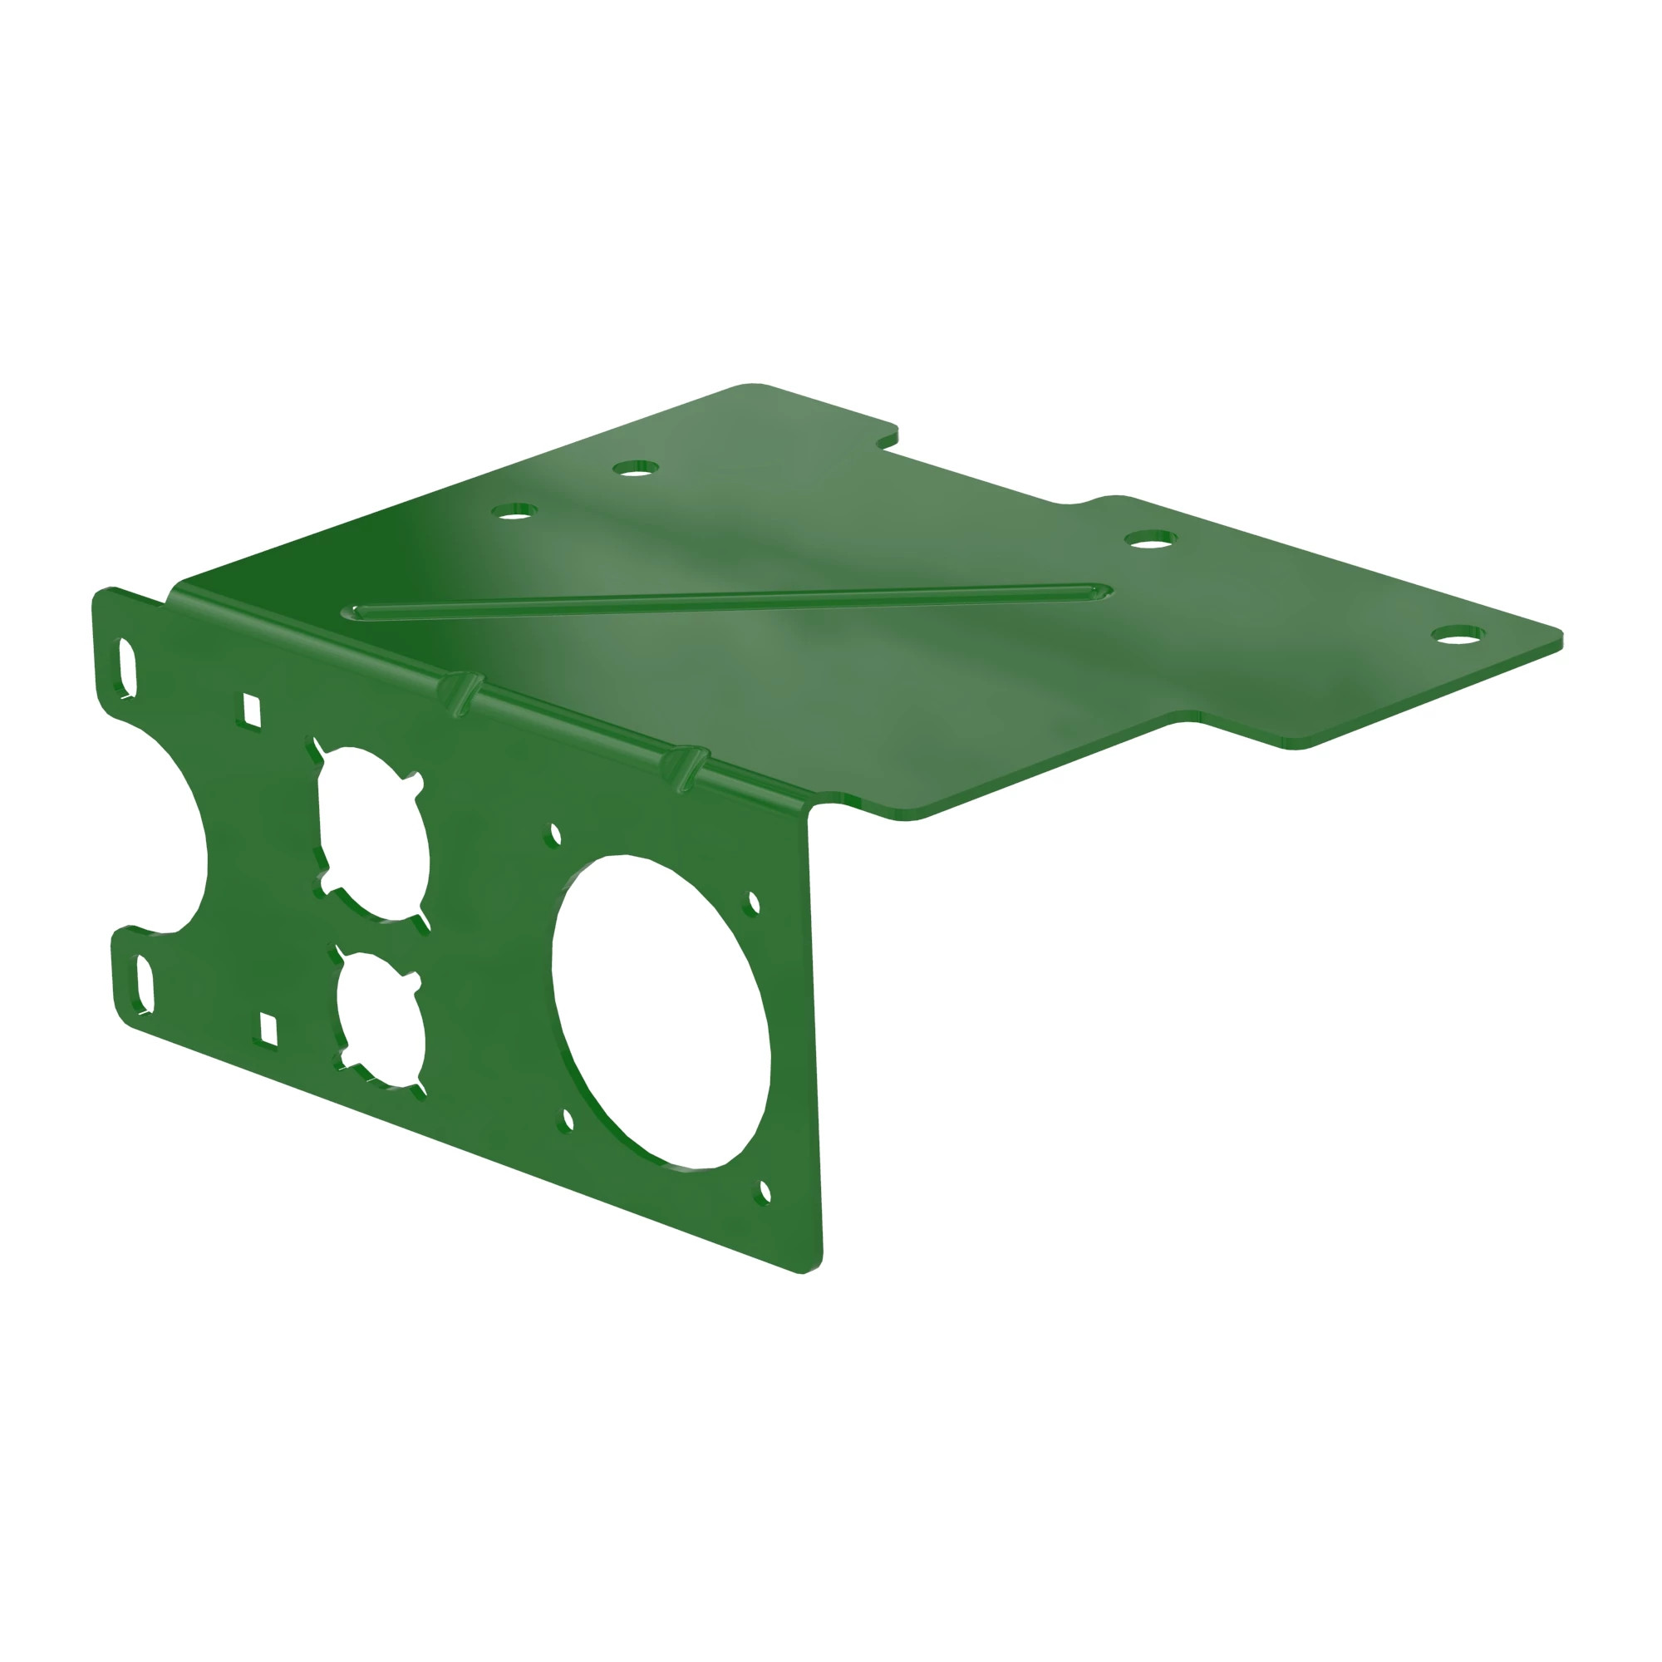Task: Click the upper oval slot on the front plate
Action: tap(127, 666)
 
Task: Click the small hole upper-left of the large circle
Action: tap(556, 833)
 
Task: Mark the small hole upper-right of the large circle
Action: tap(755, 903)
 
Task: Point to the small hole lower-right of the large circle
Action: tap(765, 1192)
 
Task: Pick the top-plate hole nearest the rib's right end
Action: tap(1150, 540)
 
